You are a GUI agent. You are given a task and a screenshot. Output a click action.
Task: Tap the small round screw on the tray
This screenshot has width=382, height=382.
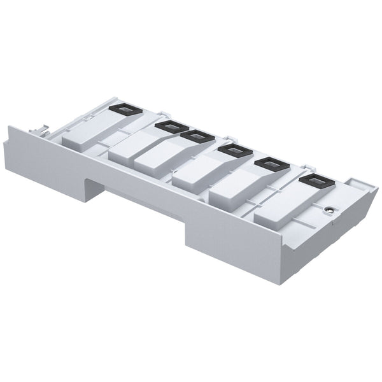(x=329, y=210)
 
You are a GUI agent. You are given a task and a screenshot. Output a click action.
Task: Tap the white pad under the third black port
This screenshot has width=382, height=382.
(x=159, y=159)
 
